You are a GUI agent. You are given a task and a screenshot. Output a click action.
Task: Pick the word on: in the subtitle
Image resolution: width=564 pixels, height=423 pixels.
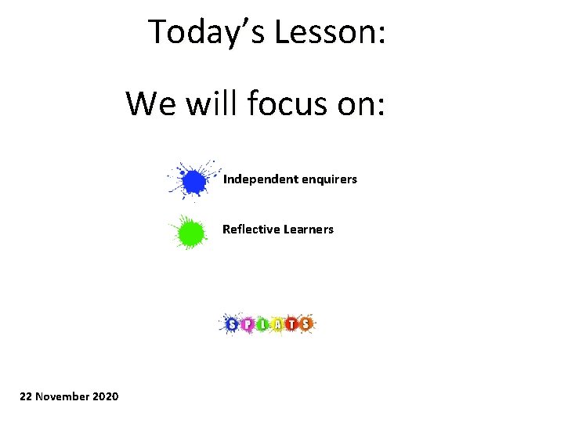click(x=360, y=103)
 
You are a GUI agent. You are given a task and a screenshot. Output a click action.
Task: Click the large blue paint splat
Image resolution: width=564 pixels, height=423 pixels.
click(x=193, y=181)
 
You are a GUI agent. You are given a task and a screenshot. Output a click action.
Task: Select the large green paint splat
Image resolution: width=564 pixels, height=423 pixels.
click(x=189, y=233)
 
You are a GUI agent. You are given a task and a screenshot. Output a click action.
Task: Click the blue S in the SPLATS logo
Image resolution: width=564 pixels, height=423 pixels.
click(x=232, y=324)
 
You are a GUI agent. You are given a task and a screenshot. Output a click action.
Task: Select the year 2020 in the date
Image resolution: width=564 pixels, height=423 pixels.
click(x=106, y=396)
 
